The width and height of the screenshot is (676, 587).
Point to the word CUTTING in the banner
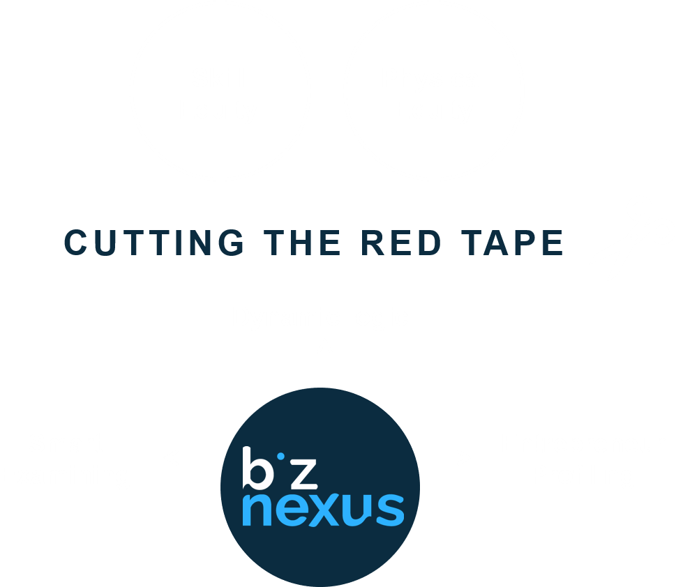[154, 242]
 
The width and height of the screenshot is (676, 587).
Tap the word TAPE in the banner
[511, 242]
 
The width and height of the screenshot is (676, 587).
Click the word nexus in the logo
[323, 509]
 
